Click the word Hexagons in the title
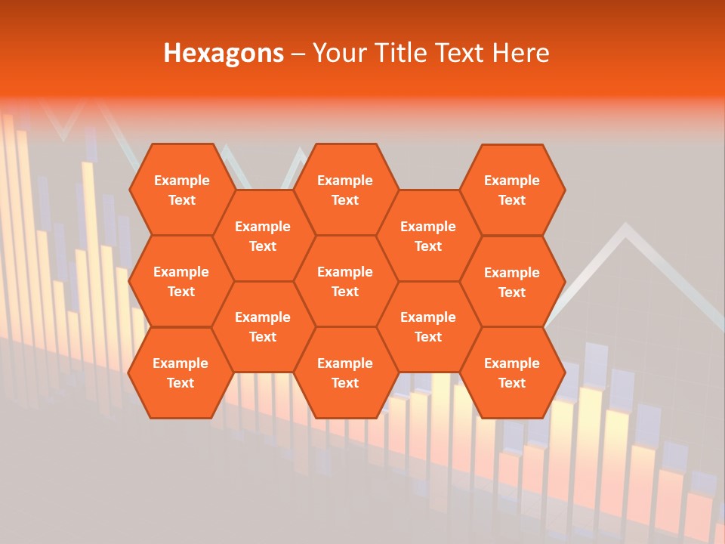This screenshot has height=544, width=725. (x=224, y=53)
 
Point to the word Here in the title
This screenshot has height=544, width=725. (x=520, y=53)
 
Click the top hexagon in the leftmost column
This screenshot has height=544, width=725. (x=181, y=190)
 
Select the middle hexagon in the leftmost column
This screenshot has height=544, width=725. (x=181, y=281)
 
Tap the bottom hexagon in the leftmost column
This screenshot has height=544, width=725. (x=180, y=372)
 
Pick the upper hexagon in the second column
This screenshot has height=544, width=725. (x=263, y=236)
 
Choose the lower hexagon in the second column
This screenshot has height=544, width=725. (x=263, y=326)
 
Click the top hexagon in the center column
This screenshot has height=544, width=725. (x=345, y=190)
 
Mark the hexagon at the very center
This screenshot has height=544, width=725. (x=345, y=281)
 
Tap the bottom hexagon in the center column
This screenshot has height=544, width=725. (x=345, y=372)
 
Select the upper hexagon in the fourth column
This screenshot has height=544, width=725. (x=428, y=236)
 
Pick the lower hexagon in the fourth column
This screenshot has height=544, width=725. (x=428, y=326)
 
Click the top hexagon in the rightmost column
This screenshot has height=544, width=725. (x=512, y=190)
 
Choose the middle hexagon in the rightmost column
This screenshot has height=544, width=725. (x=512, y=282)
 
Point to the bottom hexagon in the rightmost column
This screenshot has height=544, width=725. (x=512, y=372)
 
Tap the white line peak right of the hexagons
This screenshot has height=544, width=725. (x=625, y=227)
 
